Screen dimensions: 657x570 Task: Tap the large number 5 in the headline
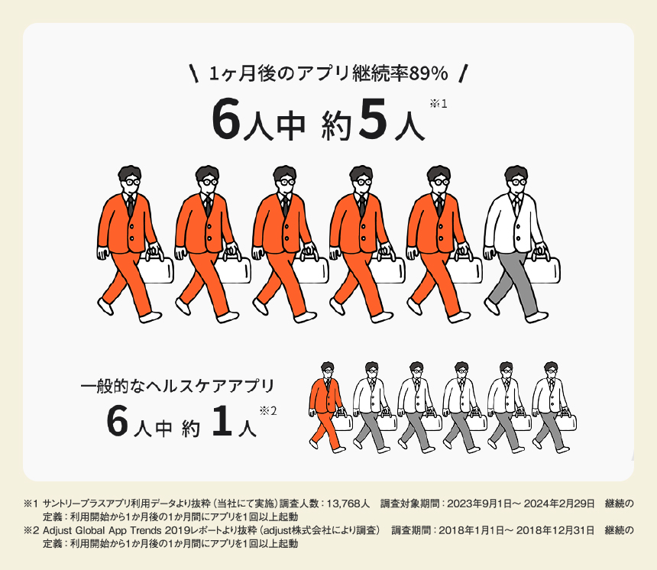[x=373, y=120]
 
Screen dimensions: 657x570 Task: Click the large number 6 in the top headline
[x=226, y=120]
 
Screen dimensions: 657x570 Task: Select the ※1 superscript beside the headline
[x=439, y=103]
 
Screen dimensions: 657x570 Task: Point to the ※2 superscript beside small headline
[x=267, y=411]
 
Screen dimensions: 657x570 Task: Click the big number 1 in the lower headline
[x=222, y=421]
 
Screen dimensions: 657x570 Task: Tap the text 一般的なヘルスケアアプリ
[x=177, y=386]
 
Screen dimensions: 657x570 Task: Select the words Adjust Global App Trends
[x=102, y=530]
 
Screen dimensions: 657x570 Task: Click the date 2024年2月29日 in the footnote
[x=559, y=504]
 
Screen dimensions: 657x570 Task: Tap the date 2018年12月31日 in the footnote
[x=555, y=530]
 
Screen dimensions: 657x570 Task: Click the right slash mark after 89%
[x=463, y=74]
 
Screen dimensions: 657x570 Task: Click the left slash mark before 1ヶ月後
[x=194, y=74]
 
